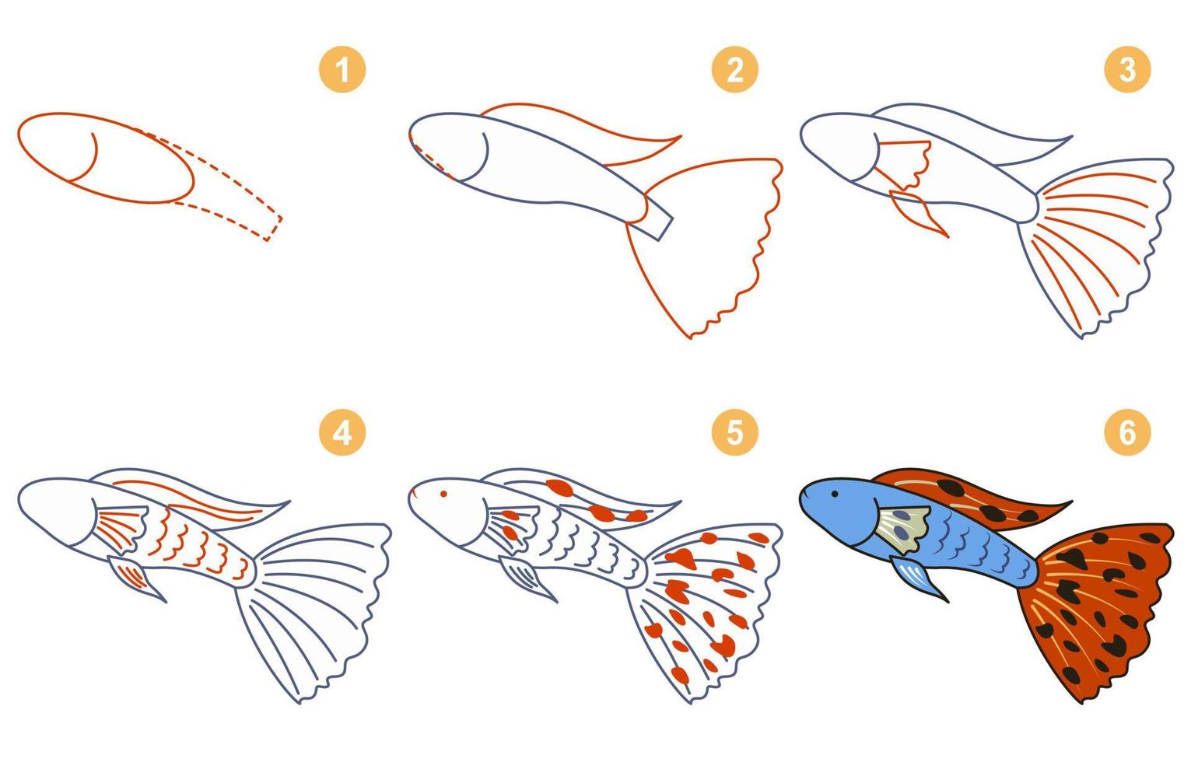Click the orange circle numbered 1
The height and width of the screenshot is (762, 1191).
pos(342,70)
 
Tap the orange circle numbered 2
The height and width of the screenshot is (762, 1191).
pos(734,70)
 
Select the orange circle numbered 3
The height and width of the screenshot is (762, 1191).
pos(1127,70)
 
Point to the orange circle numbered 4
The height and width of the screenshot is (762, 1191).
pos(342,432)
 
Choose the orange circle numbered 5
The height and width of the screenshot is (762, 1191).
pos(734,432)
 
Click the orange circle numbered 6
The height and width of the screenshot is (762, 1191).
pos(1127,432)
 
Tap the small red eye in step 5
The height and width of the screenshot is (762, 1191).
pos(443,493)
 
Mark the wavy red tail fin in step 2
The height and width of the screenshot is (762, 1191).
pos(708,241)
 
